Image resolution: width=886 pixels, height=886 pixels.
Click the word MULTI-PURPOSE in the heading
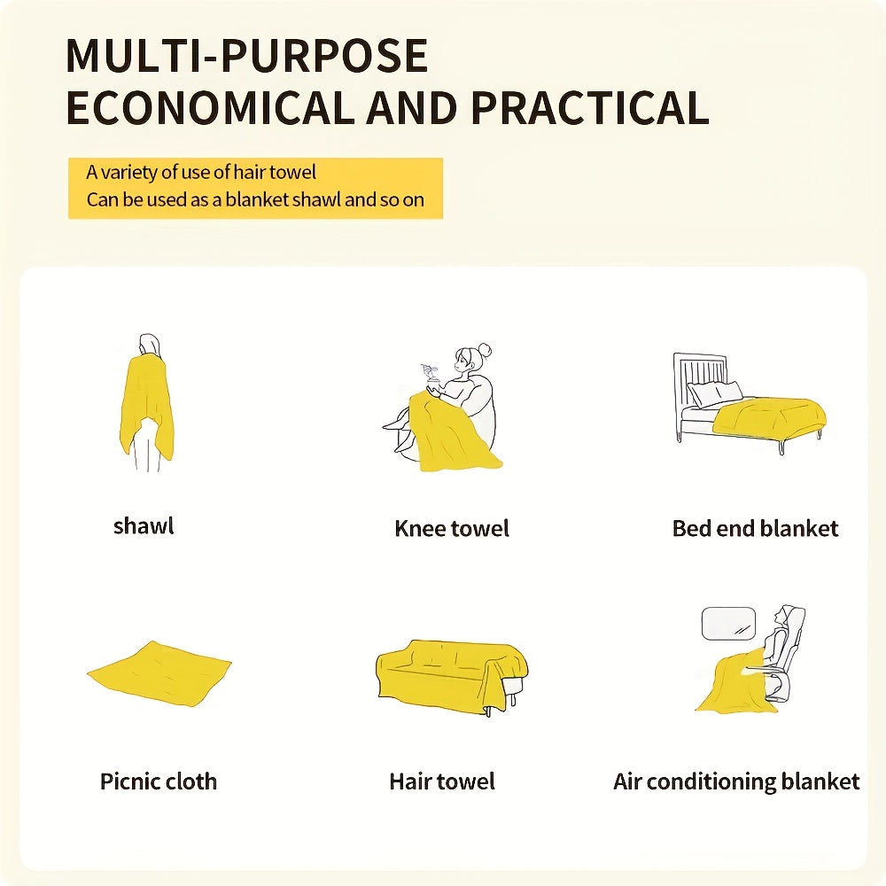coord(246,55)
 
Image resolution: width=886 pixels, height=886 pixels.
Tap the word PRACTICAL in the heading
coord(589,107)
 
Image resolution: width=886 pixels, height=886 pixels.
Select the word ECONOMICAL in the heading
coord(207,107)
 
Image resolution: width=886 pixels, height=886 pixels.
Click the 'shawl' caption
coord(144,526)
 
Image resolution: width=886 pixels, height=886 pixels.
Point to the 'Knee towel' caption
coord(452,528)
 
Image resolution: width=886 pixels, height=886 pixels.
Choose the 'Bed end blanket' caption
coord(755,528)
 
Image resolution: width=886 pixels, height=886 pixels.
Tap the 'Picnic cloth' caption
coord(159,781)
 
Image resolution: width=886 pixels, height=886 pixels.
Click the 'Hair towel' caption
coord(442,781)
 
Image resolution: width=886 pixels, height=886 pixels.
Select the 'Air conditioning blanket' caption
coord(736,782)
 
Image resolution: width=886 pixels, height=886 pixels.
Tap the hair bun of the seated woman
coord(486,349)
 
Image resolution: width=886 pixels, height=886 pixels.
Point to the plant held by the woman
coord(431,374)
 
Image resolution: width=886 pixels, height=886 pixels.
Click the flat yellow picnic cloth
coord(159,673)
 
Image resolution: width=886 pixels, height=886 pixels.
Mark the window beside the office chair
coord(727,624)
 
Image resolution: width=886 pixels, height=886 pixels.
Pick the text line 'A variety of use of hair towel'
coord(201,173)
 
